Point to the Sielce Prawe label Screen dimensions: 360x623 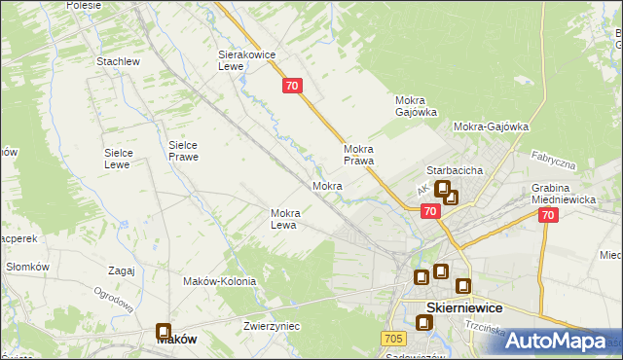click(x=183, y=149)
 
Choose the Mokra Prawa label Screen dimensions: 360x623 click(x=359, y=155)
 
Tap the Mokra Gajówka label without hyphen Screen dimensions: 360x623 click(x=416, y=106)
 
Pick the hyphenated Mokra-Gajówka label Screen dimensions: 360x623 click(x=491, y=126)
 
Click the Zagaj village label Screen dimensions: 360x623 click(x=122, y=271)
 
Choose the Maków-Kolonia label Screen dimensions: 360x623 click(x=219, y=281)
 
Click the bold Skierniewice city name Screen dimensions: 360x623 click(x=465, y=307)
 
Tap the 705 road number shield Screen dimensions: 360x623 click(x=393, y=338)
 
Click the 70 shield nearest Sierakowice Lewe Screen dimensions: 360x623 click(x=294, y=87)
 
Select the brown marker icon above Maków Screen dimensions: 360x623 click(x=164, y=333)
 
